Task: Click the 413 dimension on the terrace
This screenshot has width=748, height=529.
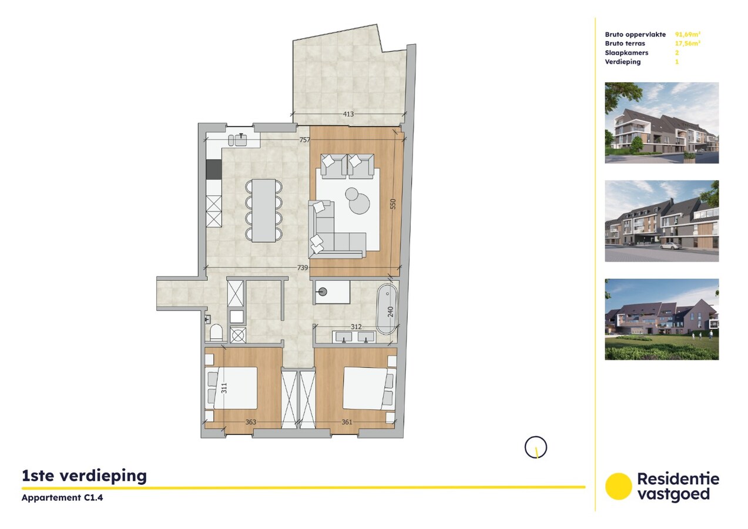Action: [348, 114]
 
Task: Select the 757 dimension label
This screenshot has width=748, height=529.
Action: [304, 140]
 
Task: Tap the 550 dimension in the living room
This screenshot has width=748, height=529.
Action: [393, 204]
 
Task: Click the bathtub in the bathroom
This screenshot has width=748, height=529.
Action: [387, 309]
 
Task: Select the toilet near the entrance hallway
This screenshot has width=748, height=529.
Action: [216, 333]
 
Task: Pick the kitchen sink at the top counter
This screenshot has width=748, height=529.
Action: [240, 139]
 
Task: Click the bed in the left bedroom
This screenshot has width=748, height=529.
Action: [234, 388]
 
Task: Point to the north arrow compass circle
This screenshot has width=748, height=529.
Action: [535, 447]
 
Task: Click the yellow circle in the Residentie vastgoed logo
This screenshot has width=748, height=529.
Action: [618, 487]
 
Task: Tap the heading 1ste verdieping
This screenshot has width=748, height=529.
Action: [84, 476]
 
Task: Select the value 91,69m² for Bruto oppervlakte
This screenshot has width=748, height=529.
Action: [688, 35]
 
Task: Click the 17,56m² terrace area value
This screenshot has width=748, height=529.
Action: [688, 43]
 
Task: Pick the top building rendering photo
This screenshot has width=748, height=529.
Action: [662, 122]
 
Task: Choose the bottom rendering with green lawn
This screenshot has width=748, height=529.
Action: [662, 319]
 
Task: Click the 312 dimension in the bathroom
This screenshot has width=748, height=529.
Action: [356, 327]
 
